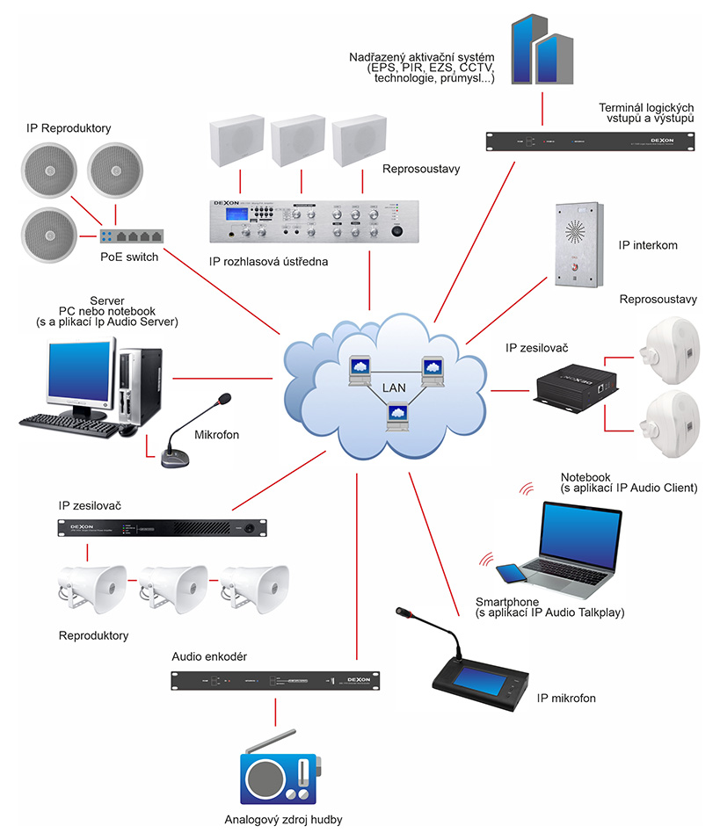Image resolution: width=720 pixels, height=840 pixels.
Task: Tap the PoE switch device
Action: tap(131, 236)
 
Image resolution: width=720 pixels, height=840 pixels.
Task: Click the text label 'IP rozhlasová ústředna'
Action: tap(265, 261)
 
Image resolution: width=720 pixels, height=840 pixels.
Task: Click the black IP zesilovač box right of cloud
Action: tap(577, 387)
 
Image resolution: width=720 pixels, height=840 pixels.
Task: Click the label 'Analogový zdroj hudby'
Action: tap(282, 820)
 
